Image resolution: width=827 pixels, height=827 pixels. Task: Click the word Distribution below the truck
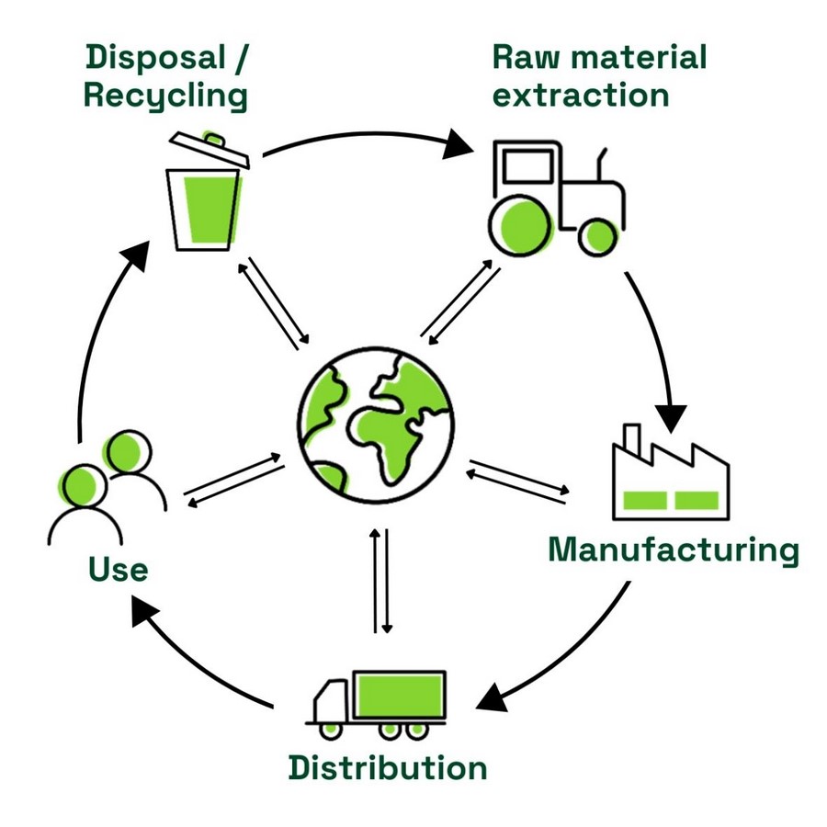point(388,767)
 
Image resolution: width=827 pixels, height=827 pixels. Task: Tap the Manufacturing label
point(674,550)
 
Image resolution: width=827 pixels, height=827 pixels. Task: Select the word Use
point(119,569)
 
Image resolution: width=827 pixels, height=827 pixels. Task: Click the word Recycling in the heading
point(165,96)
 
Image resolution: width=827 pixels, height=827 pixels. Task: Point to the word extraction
point(580,96)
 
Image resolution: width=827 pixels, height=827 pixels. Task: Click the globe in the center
point(376,425)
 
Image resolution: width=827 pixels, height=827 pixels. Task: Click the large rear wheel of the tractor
point(522,225)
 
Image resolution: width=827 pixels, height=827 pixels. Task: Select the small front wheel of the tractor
point(598,237)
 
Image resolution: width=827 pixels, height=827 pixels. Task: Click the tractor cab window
point(527,166)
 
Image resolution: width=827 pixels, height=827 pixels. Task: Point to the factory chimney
point(632,440)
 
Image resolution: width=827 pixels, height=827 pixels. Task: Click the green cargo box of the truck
point(400,696)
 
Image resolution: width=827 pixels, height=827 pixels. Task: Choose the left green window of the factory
point(644,500)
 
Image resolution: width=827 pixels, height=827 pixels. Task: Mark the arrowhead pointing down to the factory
point(671,418)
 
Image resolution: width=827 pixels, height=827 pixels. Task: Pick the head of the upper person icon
point(127,452)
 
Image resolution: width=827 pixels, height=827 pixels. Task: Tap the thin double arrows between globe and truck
point(380,581)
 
